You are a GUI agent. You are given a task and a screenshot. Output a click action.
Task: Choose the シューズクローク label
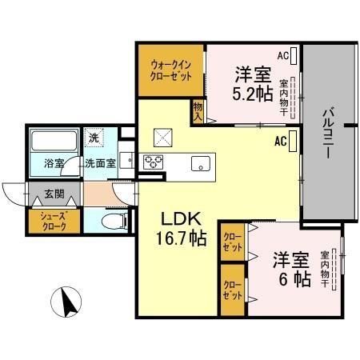pos(46,220)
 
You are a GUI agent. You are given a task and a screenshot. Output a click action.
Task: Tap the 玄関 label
pos(55,194)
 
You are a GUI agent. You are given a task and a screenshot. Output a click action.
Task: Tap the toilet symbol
pos(116,219)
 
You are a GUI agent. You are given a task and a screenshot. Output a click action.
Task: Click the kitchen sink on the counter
pos(198,163)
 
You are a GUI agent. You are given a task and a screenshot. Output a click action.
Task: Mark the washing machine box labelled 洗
pos(94,138)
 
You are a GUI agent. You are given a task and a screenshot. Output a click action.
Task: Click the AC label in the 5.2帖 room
pos(283,55)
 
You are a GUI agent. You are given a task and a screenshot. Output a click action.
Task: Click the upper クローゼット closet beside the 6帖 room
pos(233,242)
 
